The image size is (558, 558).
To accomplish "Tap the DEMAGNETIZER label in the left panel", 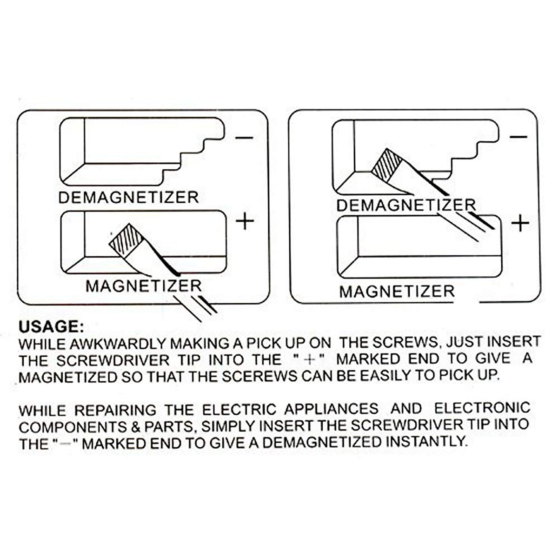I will click(x=128, y=197).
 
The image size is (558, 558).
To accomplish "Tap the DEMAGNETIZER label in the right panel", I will click(x=406, y=205).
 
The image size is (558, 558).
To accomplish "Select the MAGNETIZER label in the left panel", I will click(x=143, y=286).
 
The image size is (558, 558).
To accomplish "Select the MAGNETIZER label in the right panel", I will click(x=397, y=292).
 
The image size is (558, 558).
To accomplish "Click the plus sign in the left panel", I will click(x=245, y=222).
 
